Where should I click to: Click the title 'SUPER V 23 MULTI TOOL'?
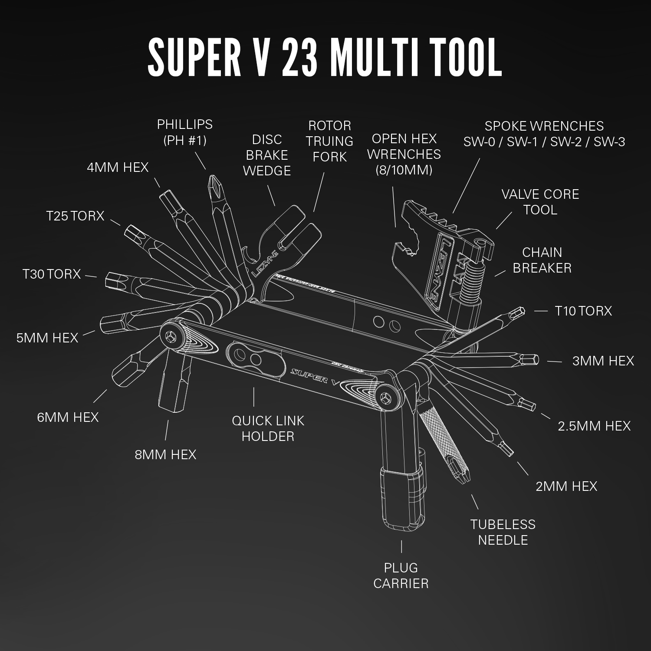pyautogui.click(x=325, y=57)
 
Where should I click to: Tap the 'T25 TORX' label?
pyautogui.click(x=75, y=216)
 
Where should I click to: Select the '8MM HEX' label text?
pyautogui.click(x=165, y=454)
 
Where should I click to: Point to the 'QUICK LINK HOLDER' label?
pyautogui.click(x=268, y=428)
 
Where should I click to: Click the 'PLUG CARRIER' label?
pyautogui.click(x=401, y=575)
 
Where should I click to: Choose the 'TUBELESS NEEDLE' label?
pyautogui.click(x=503, y=532)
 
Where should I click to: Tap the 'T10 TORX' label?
pyautogui.click(x=583, y=311)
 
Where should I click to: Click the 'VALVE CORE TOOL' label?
pyautogui.click(x=540, y=202)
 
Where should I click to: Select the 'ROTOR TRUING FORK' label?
pyautogui.click(x=329, y=141)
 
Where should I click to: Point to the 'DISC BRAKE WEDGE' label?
pyautogui.click(x=266, y=155)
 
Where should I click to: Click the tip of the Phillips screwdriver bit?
pyautogui.click(x=213, y=179)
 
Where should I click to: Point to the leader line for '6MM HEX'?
pyautogui.click(x=100, y=396)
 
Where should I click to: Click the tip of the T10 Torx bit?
pyautogui.click(x=519, y=311)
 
